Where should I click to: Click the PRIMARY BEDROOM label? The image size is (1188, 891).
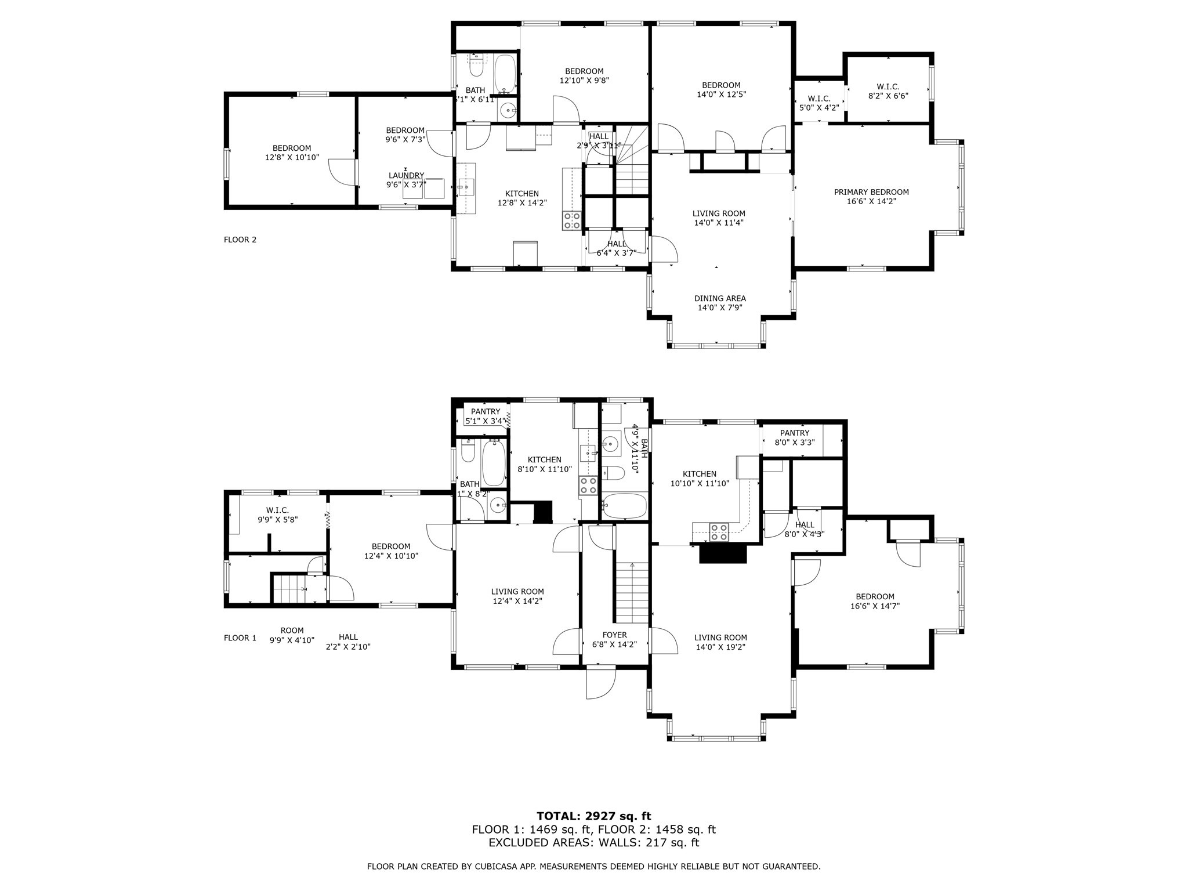[871, 193]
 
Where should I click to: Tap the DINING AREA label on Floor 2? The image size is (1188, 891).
[720, 299]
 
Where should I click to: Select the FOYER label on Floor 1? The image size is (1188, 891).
[614, 635]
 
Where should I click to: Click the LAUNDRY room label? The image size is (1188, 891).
[406, 176]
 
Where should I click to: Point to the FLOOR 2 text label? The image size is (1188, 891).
[240, 240]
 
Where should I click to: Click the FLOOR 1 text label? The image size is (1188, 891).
[240, 638]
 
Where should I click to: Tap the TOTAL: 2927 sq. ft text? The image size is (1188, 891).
[594, 817]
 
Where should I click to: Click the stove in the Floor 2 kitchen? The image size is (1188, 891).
[571, 220]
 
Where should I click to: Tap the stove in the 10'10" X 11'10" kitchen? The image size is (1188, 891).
[719, 532]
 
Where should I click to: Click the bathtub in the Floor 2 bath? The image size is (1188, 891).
[505, 74]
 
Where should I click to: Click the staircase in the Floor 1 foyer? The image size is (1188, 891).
[631, 592]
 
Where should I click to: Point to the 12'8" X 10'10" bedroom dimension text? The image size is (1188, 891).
[292, 157]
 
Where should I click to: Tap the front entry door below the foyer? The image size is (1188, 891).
[600, 683]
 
